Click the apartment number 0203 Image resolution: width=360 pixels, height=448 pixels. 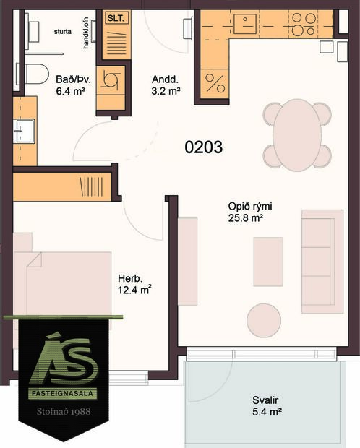point(203,147)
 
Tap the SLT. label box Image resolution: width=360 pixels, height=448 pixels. point(114,19)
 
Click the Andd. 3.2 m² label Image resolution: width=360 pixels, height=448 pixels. point(166,86)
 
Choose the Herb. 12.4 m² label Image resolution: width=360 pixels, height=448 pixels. point(134,284)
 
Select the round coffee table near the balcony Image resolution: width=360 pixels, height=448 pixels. point(265,318)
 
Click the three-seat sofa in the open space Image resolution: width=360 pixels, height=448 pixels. point(322,262)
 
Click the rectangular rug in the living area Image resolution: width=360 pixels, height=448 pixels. point(267,261)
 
